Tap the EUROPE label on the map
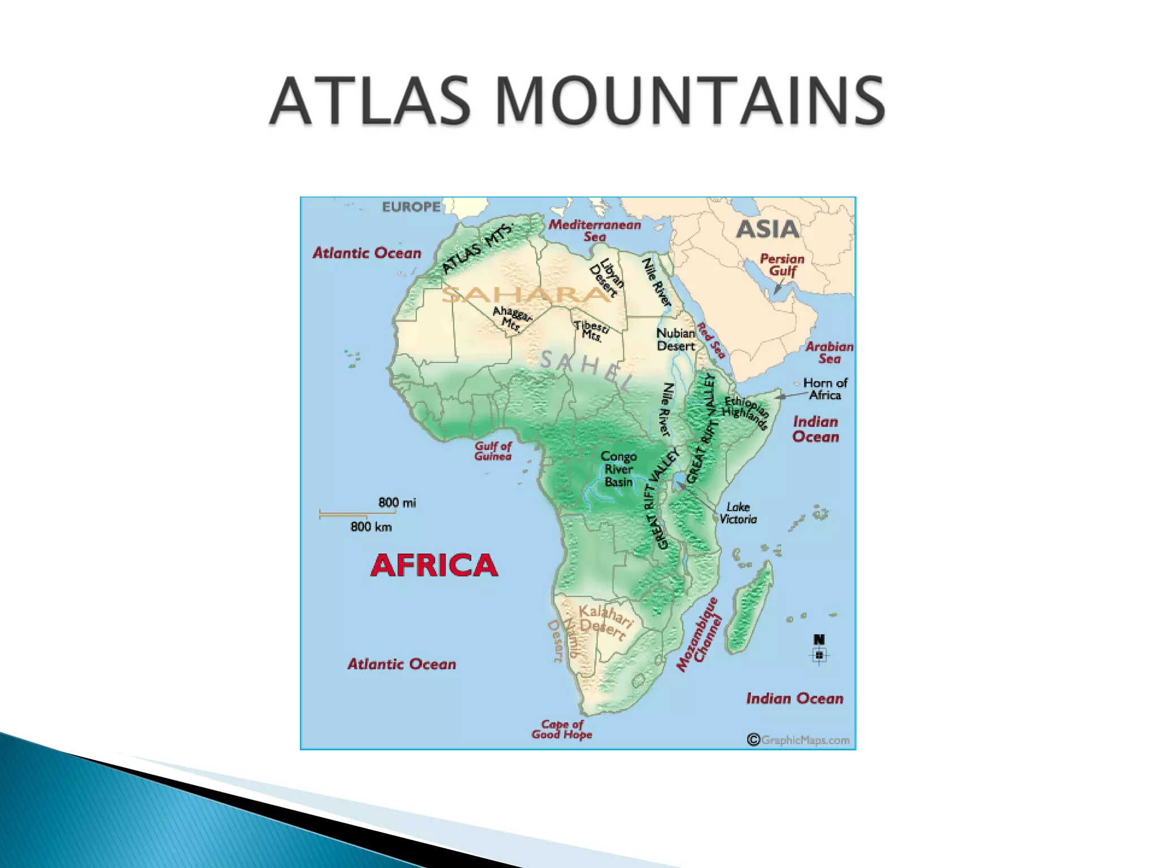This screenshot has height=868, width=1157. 411,207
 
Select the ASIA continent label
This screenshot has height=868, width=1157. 768,229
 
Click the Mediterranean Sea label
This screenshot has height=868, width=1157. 595,231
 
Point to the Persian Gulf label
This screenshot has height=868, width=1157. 782,264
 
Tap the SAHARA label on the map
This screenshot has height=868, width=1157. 525,294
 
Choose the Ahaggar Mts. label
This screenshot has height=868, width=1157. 512,318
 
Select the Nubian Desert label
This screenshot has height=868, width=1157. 676,340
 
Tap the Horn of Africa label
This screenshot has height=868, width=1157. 825,389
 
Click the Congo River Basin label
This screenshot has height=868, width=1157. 619,468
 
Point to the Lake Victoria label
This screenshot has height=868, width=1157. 738,513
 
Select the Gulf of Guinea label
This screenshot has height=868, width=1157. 493,451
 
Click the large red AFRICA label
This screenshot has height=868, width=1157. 434,565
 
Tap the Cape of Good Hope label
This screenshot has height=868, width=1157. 562,729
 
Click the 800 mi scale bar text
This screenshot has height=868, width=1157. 397,502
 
